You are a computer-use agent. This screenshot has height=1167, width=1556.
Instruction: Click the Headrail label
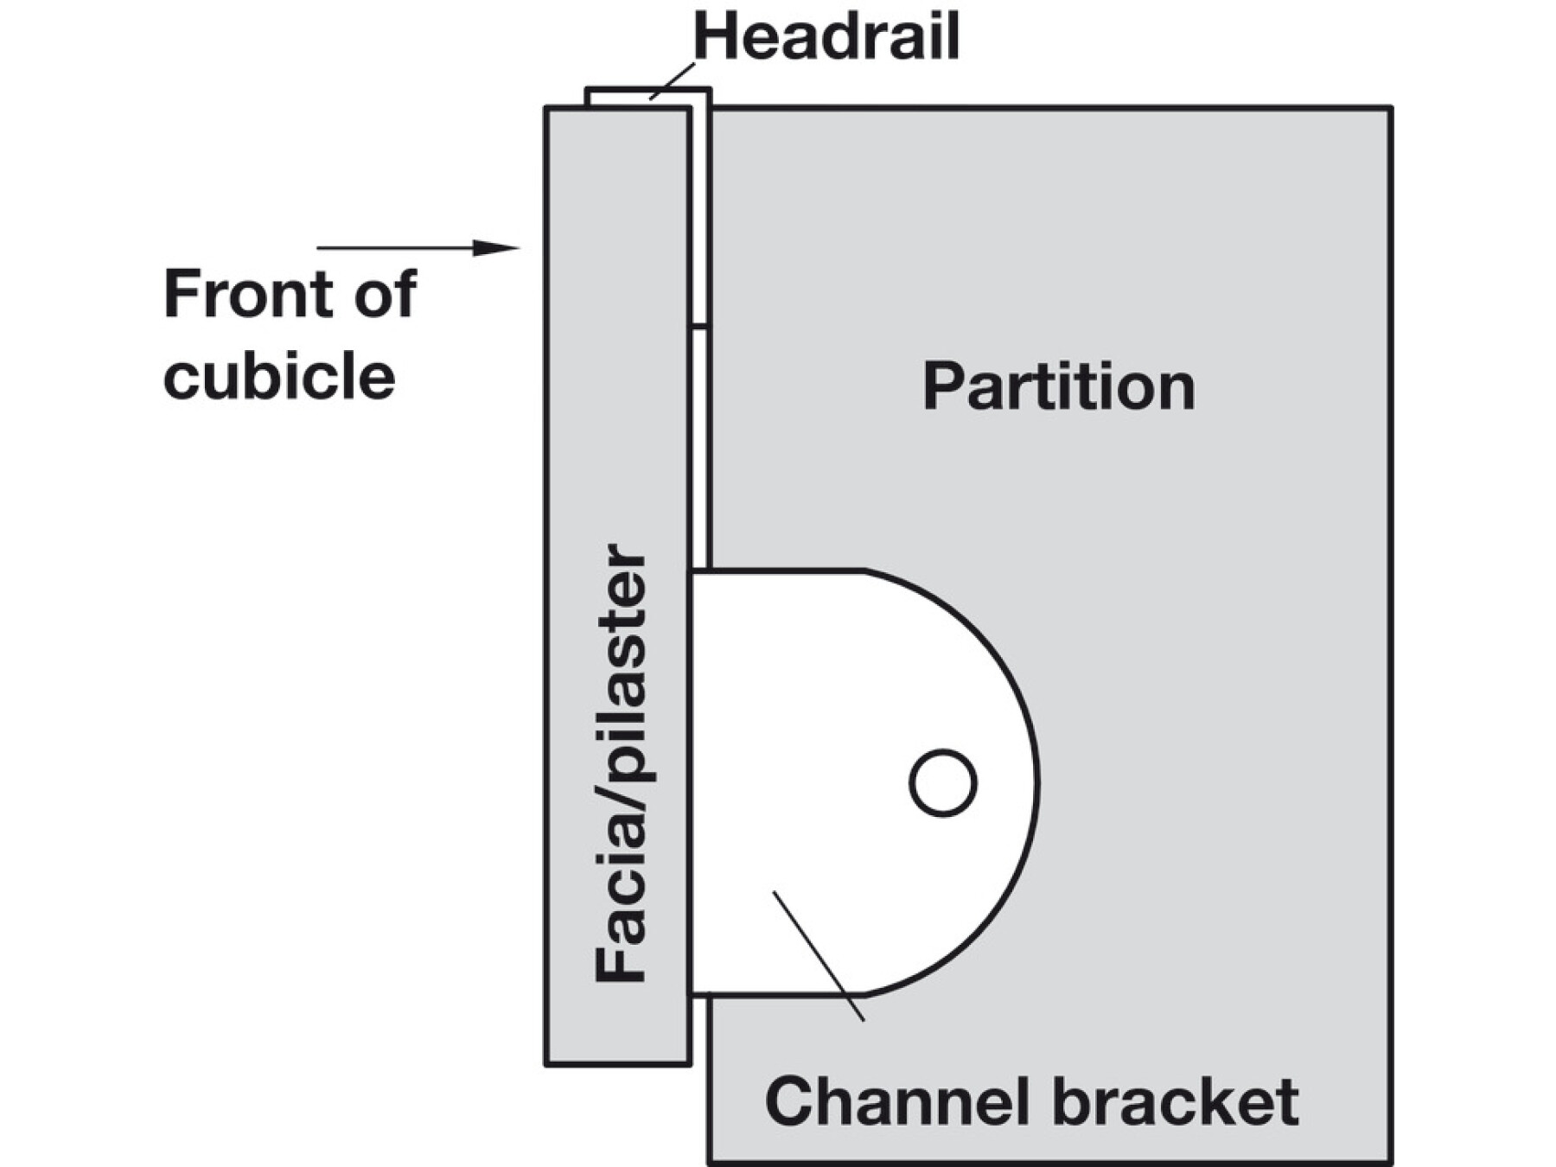pyautogui.click(x=826, y=37)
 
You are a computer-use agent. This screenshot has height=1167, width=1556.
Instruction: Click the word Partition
pyautogui.click(x=1059, y=386)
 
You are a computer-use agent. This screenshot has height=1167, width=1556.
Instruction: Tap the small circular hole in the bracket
pyautogui.click(x=943, y=782)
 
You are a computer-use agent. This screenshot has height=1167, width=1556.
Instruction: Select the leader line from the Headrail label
pyautogui.click(x=672, y=81)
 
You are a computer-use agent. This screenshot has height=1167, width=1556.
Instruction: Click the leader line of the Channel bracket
pyautogui.click(x=818, y=956)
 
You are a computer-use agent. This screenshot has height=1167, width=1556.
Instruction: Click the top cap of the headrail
pyautogui.click(x=648, y=90)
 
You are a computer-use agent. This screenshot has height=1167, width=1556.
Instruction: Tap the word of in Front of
pyautogui.click(x=386, y=294)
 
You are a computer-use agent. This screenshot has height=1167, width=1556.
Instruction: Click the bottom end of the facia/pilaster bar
pyautogui.click(x=617, y=1062)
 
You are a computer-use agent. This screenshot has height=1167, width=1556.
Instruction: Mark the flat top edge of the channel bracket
pyautogui.click(x=777, y=571)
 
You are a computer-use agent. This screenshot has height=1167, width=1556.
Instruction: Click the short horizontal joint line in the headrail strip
pyautogui.click(x=699, y=327)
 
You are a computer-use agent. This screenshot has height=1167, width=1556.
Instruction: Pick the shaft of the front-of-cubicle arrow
pyautogui.click(x=396, y=248)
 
